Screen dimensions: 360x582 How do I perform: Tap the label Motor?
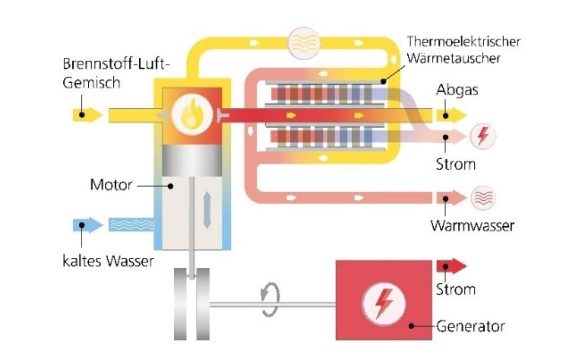[111, 185]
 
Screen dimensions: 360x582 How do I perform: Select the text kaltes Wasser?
[108, 261]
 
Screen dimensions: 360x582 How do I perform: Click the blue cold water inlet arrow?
[88, 225]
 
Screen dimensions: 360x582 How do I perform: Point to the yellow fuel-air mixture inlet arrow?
[88, 115]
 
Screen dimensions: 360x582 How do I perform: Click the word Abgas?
[457, 90]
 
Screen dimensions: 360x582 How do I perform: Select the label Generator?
[470, 326]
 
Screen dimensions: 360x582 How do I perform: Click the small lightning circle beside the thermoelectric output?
[483, 136]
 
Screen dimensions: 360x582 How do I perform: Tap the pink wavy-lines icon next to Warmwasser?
[483, 198]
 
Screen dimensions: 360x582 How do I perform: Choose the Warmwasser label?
[472, 225]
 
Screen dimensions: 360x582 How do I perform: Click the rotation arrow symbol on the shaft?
[270, 299]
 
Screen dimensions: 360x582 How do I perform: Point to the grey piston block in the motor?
[192, 161]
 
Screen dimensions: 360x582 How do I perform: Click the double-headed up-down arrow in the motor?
[207, 210]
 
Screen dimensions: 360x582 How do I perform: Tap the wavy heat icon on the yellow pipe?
[304, 43]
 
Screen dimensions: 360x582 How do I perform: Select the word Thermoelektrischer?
[463, 42]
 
